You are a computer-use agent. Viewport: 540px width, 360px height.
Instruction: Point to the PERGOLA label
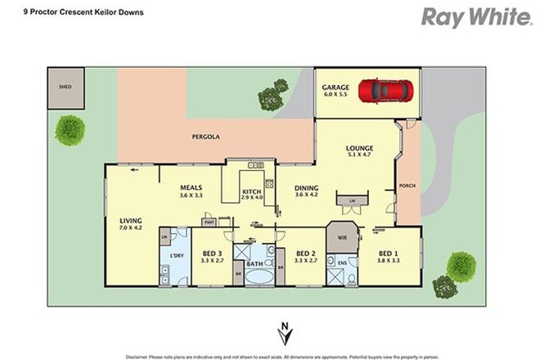205,136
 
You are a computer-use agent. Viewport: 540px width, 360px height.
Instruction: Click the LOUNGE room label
359,146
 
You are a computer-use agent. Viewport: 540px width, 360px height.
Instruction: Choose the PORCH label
407,185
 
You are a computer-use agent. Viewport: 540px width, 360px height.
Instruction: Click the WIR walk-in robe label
341,236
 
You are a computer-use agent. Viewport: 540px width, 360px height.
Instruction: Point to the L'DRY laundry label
176,258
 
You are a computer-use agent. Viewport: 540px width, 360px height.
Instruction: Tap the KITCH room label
253,193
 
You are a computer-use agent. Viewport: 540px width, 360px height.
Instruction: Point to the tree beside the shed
70,128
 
